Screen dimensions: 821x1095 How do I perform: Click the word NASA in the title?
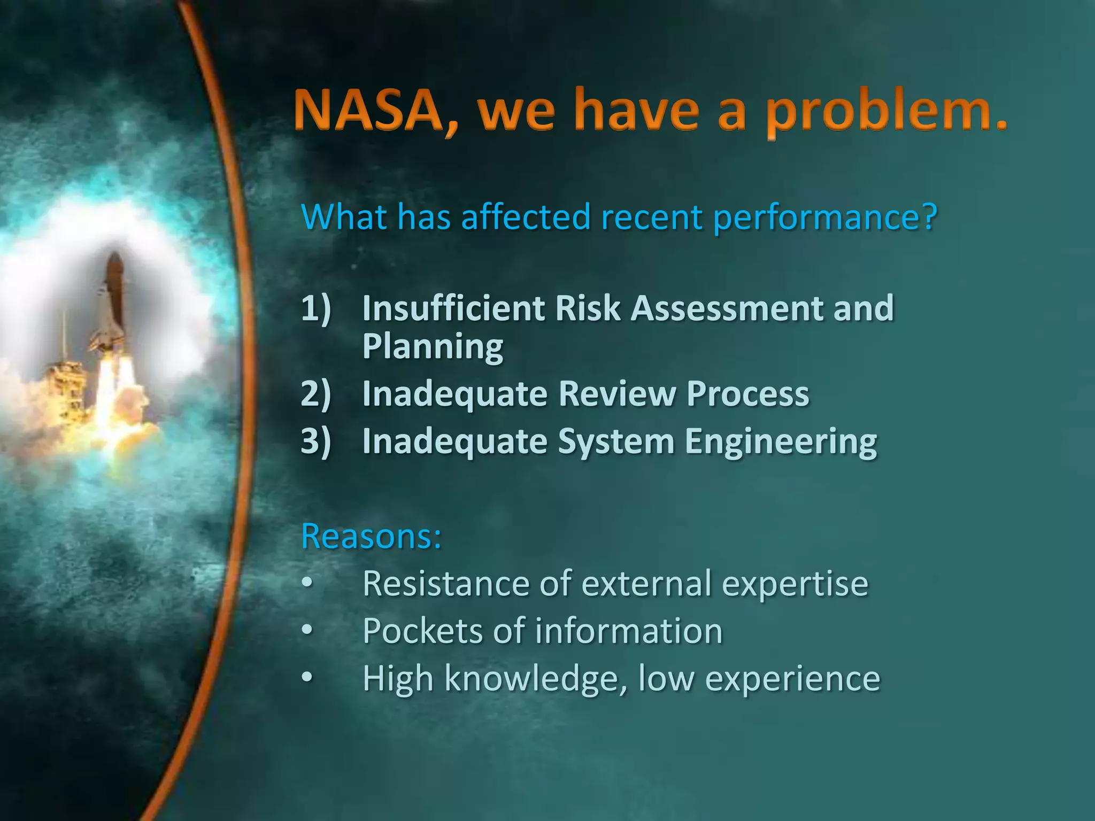(368, 111)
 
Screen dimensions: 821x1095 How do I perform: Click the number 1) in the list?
(316, 308)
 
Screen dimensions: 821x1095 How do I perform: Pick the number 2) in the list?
(316, 394)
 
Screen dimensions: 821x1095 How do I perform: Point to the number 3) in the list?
(316, 441)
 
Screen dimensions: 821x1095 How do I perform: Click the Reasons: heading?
(372, 536)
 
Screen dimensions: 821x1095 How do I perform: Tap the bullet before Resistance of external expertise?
(307, 583)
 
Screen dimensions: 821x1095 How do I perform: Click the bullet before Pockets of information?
(307, 631)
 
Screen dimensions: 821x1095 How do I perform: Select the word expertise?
(795, 584)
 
